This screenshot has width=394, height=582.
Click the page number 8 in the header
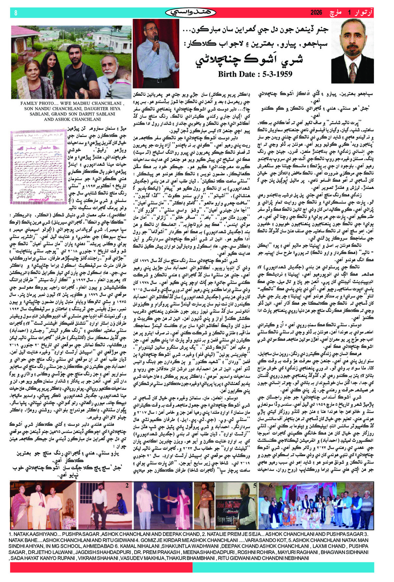[x=16, y=13]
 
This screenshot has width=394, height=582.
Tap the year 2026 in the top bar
[x=316, y=13]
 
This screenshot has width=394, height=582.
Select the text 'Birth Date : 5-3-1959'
[x=255, y=74]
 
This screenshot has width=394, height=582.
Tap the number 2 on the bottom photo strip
[x=127, y=486]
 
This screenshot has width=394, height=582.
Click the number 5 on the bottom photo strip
[x=254, y=486]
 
